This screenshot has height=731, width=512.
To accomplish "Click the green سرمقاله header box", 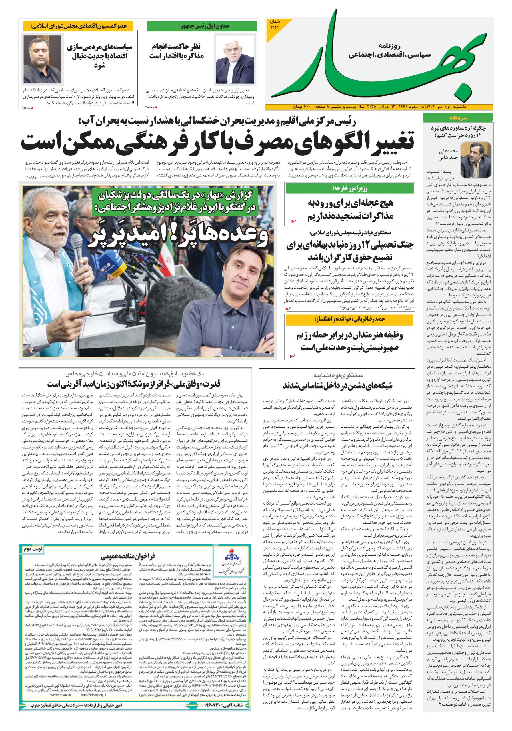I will pyautogui.click(x=456, y=118).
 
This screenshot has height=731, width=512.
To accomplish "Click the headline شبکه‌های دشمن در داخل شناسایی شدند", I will pyautogui.click(x=338, y=386).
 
